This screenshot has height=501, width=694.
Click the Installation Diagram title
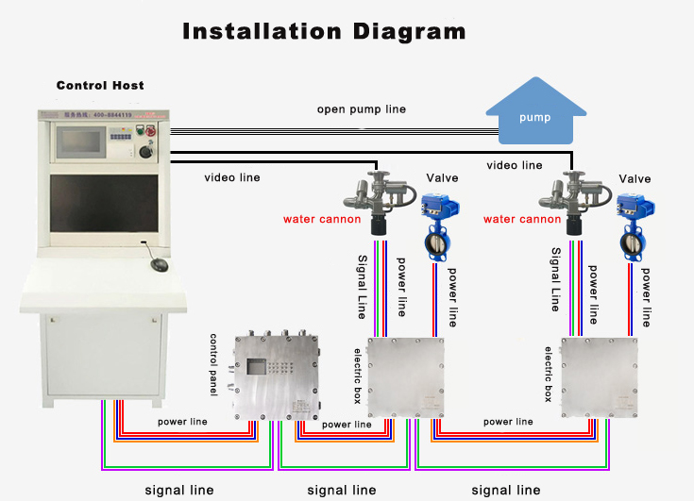coord(324,31)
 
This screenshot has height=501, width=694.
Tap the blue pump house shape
coord(534,117)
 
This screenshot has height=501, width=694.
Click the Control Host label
coord(100,86)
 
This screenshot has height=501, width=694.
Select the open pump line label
coord(362,109)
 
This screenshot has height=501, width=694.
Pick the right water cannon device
coord(567,200)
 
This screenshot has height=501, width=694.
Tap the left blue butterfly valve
coord(438,226)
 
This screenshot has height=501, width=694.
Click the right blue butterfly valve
coord(634,226)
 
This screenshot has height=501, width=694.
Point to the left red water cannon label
coord(322,220)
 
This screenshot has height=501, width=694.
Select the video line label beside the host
coord(232,177)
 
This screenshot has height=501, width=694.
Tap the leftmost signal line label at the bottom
coord(179,491)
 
